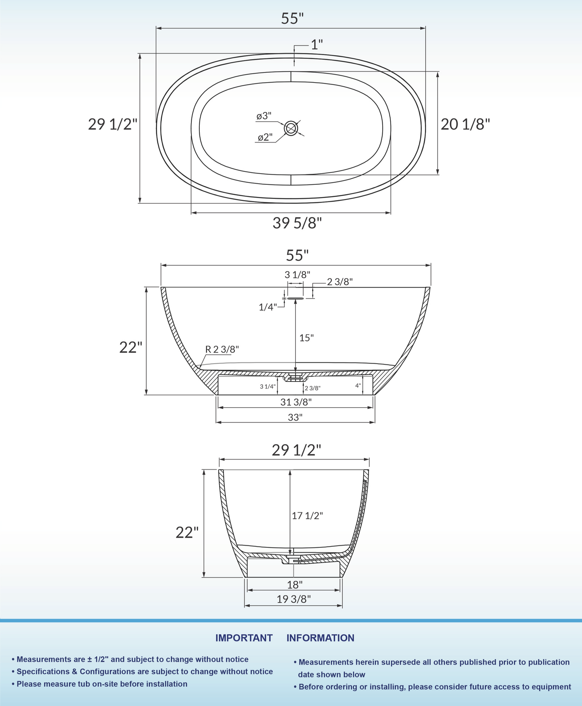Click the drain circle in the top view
coord(291,128)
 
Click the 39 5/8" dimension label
coord(297,223)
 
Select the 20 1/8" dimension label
coord(465,124)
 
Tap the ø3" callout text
coord(264,116)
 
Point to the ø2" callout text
coord(265,137)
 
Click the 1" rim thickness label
coord(317,44)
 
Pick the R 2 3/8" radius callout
coord(222,349)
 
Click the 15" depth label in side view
coord(306,338)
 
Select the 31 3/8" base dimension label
coord(296,402)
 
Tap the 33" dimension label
coord(295,417)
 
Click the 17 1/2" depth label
coord(307,516)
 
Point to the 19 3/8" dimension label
coord(294,599)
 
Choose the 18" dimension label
coord(295,584)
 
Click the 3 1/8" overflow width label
coord(297,275)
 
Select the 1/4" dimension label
coord(267,307)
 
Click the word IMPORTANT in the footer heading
coord(244,638)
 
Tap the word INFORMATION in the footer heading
coord(320,638)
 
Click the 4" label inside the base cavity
coord(358,385)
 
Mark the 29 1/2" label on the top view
coord(113,124)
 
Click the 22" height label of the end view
coord(187,532)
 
